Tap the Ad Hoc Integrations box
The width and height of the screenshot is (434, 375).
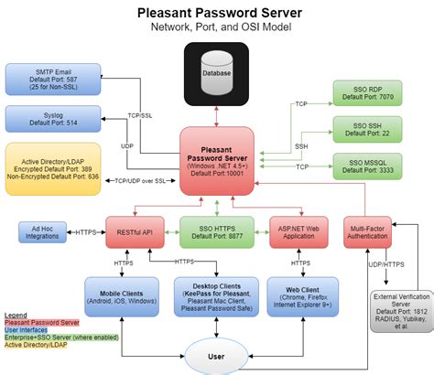[43, 232]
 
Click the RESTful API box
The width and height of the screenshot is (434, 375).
[134, 232]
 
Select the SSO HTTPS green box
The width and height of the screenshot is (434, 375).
[216, 232]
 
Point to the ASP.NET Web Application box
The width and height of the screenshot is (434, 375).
[298, 232]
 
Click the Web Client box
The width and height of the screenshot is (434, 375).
[303, 294]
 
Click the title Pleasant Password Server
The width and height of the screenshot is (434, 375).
[216, 14]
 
